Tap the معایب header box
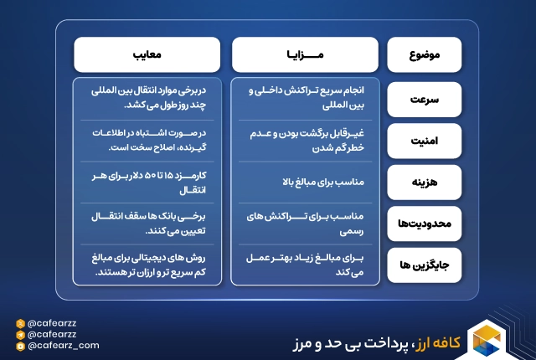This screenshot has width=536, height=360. pos(147,55)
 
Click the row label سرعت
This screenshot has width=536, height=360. pos(425,99)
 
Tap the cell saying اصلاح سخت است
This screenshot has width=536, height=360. pos(147,140)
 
